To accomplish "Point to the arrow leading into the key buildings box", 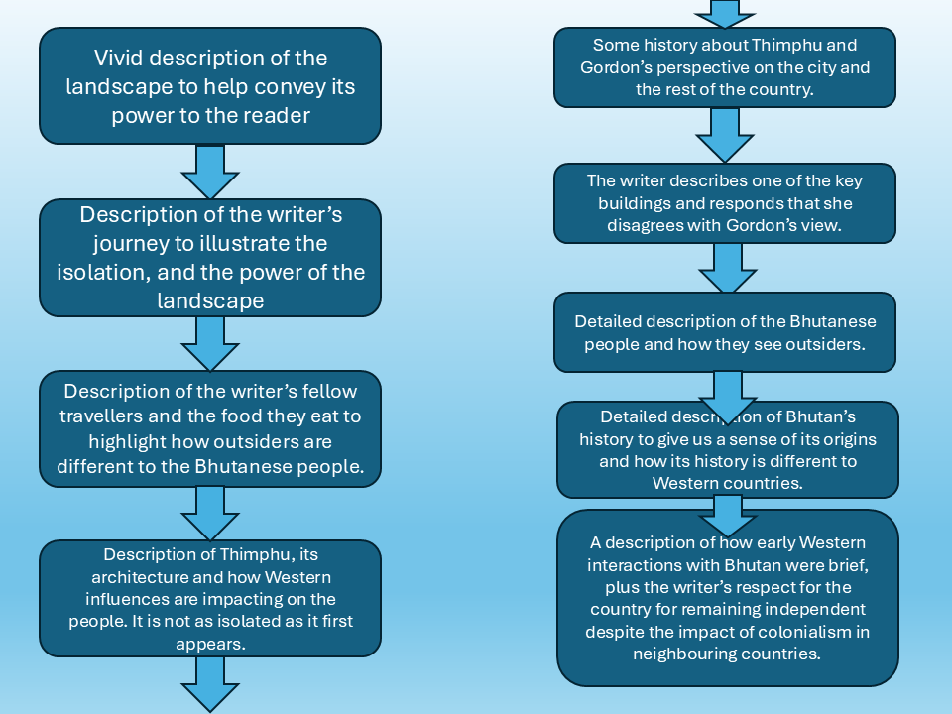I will click(724, 134).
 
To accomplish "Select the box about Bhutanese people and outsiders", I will click(724, 333).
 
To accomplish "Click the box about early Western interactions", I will click(727, 597).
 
